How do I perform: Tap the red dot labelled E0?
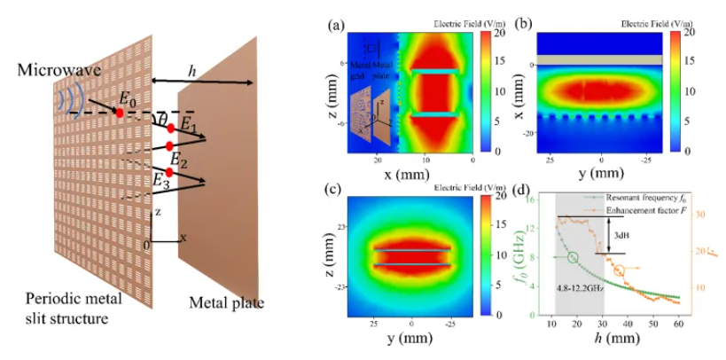(x=119, y=113)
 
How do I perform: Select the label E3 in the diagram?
(x=160, y=182)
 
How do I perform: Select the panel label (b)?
(x=523, y=24)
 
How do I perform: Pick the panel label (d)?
(x=522, y=189)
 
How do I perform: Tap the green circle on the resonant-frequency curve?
(x=573, y=258)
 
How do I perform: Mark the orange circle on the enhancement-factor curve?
(x=618, y=271)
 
